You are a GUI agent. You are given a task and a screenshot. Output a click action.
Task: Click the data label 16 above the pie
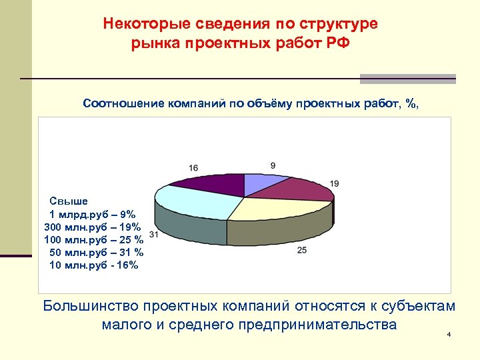193,167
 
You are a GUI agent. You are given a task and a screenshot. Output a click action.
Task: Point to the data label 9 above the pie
273,165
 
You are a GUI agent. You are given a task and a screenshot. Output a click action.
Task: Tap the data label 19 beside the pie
335,183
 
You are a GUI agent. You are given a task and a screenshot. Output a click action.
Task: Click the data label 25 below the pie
301,250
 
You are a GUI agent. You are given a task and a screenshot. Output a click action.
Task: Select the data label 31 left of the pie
154,234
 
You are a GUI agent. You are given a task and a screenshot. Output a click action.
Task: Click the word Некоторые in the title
143,24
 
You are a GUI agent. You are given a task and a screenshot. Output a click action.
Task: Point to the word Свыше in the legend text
64,201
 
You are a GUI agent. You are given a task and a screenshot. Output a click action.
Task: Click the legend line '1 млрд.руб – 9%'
93,214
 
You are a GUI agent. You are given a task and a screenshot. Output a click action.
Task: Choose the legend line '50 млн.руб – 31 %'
97,252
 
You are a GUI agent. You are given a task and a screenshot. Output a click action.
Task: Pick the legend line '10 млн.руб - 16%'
94,265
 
